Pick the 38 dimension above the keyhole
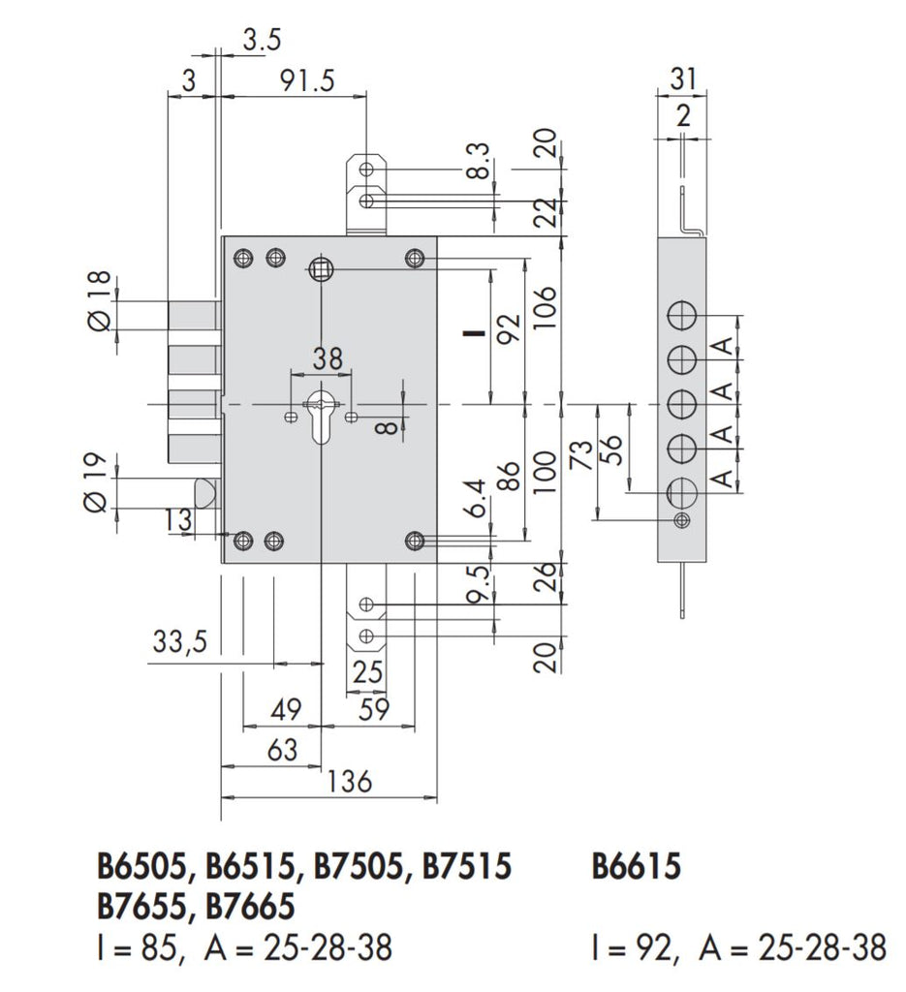327,359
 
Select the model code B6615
636,867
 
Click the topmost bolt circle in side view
683,316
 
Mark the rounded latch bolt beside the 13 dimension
205,492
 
